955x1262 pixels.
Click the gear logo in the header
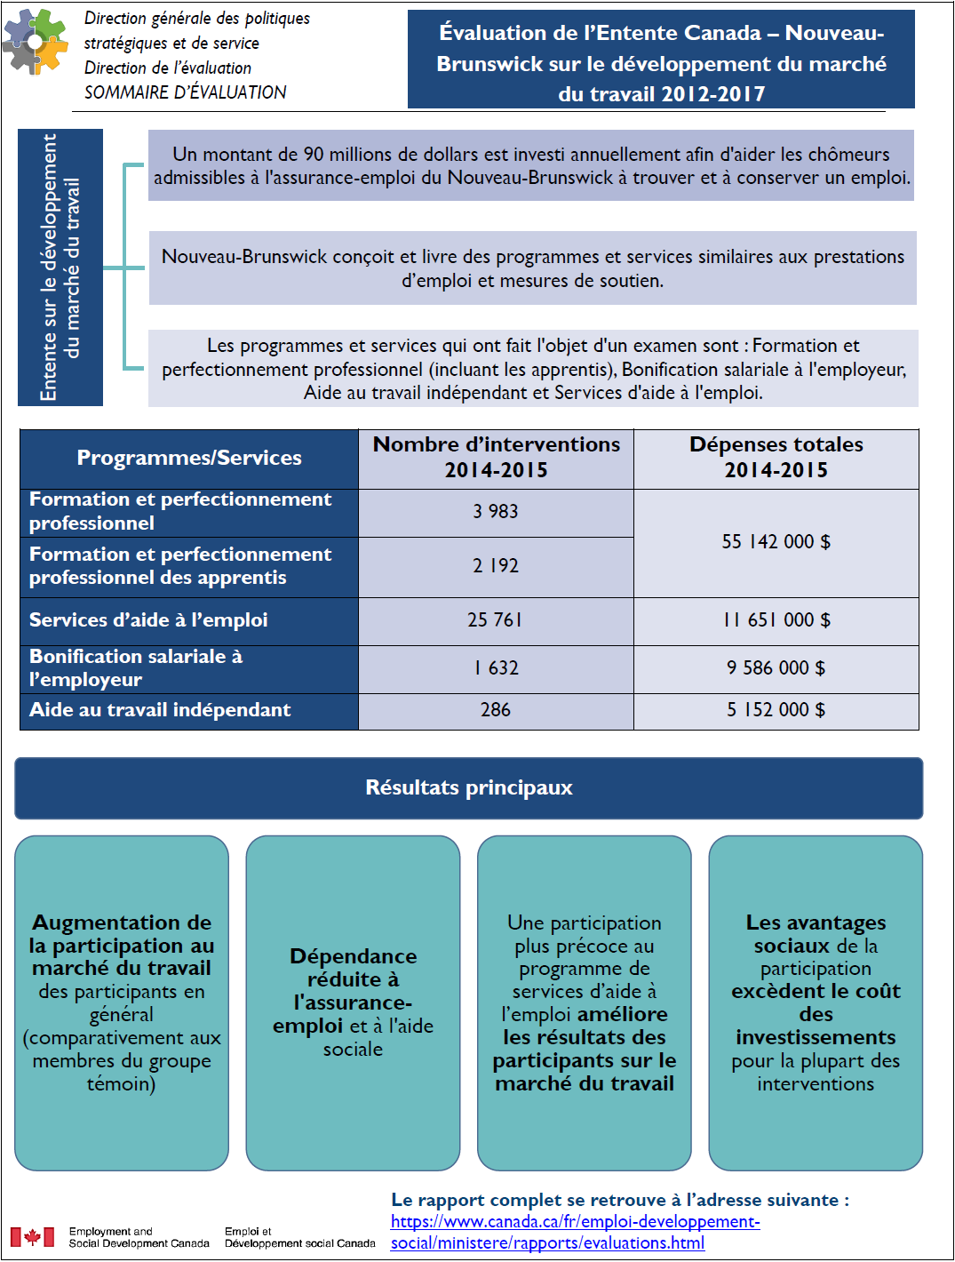[36, 42]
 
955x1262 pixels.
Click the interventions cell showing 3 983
[496, 512]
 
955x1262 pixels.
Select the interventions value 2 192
[496, 566]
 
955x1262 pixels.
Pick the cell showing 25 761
[496, 620]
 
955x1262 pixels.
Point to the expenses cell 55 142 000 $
[776, 542]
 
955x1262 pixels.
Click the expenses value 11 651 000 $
[776, 620]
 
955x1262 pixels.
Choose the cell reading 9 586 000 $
[776, 668]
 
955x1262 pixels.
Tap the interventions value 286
[496, 710]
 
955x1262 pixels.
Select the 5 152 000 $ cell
[776, 710]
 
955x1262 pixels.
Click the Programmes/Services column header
[189, 459]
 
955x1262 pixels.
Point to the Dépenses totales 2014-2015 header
[776, 458]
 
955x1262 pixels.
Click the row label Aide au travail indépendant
[161, 710]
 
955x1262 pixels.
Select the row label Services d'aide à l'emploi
[148, 620]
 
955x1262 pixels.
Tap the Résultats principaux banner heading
[469, 788]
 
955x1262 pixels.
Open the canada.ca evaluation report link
[575, 1233]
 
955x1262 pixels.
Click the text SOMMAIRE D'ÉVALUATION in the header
[186, 92]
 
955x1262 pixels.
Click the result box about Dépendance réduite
[353, 1002]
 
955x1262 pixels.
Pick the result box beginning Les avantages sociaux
[816, 1002]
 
